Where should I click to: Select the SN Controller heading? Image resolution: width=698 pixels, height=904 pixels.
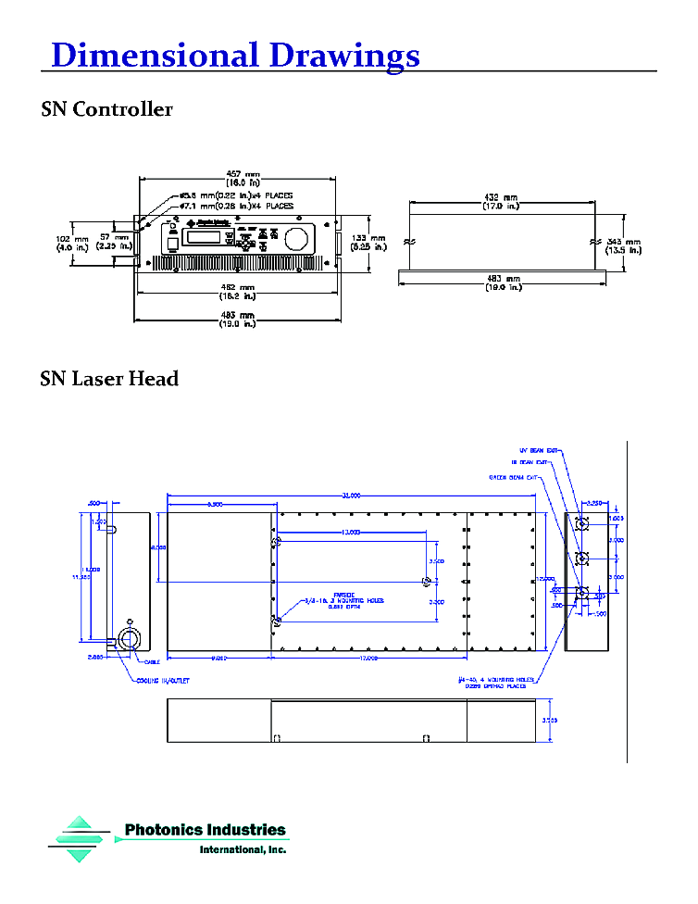[x=106, y=110]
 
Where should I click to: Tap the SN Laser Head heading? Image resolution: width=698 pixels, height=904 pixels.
[x=109, y=380]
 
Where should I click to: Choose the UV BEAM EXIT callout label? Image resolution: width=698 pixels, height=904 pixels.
[x=540, y=450]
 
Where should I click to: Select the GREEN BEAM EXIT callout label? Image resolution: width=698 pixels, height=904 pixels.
[x=515, y=478]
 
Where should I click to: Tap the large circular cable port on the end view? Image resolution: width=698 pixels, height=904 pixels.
[x=125, y=639]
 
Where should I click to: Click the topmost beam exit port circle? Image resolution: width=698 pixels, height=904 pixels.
[x=582, y=522]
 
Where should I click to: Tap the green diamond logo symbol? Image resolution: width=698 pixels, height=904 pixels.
[x=80, y=839]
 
